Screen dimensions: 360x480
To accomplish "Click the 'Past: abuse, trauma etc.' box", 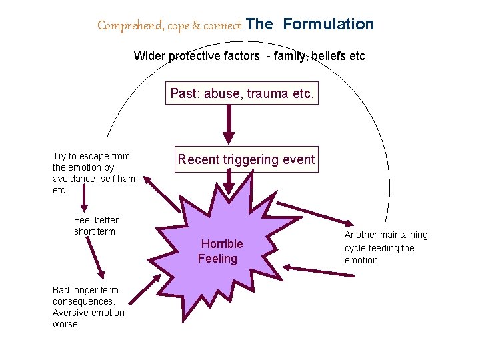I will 241,93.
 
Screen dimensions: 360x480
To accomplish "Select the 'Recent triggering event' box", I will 246,159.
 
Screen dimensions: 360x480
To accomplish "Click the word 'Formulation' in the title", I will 328,25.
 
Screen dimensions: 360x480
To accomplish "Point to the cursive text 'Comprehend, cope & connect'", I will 169,26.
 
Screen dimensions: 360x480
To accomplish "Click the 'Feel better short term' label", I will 96,226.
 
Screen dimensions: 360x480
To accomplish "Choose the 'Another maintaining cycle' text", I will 386,247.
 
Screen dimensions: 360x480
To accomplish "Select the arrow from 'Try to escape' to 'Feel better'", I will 85,198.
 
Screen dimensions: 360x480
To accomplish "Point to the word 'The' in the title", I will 259,25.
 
